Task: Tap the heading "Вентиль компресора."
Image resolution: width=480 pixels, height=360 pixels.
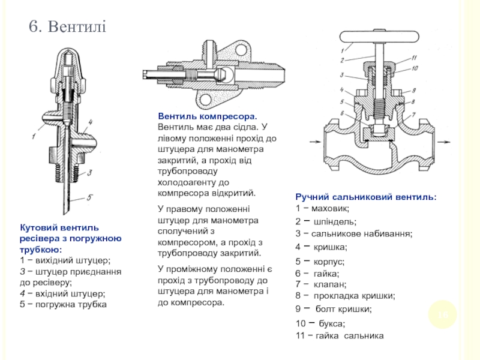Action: click(x=208, y=116)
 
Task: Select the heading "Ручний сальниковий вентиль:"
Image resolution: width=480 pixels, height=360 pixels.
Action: click(x=366, y=197)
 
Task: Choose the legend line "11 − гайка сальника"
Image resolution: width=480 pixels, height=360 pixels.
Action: click(x=340, y=336)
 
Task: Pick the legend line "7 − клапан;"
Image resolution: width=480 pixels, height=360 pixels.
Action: click(x=322, y=284)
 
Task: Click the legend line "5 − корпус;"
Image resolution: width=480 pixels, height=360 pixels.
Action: click(x=320, y=262)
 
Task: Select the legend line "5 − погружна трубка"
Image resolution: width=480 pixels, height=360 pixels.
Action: click(x=63, y=304)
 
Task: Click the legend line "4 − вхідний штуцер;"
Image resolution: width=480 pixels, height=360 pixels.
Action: click(x=62, y=293)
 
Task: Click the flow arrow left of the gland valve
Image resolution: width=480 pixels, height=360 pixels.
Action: click(x=318, y=142)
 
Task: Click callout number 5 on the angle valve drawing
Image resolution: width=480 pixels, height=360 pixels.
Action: click(x=89, y=196)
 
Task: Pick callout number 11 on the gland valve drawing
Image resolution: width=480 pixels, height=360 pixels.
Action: click(x=413, y=58)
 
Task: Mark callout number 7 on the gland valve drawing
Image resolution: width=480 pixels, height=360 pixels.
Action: click(x=413, y=113)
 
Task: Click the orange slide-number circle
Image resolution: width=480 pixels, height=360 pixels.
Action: click(x=443, y=314)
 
